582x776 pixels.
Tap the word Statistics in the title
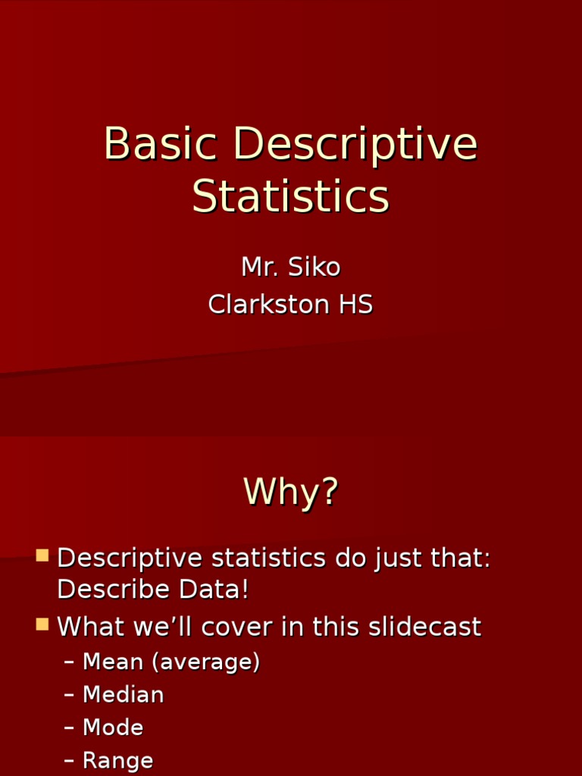[x=291, y=196]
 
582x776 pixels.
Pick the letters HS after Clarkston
[x=355, y=305]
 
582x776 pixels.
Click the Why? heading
[x=291, y=492]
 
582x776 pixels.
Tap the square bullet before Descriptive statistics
[x=42, y=555]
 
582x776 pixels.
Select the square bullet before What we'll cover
[x=42, y=624]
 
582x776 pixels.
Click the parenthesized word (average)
[x=206, y=662]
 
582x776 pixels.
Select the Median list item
[x=123, y=695]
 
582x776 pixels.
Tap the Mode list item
[x=113, y=727]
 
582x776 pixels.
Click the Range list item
[x=117, y=760]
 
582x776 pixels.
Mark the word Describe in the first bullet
[x=113, y=590]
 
